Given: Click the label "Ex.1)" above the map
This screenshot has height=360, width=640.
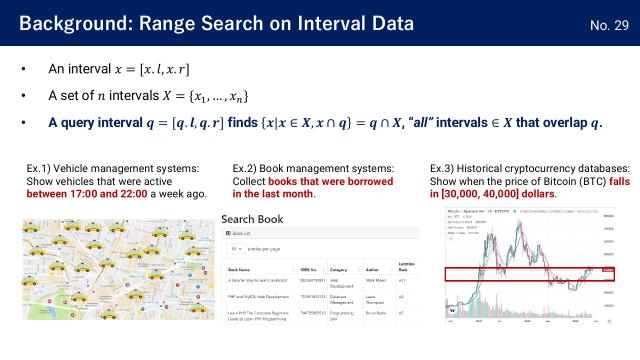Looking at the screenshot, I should click(43, 167).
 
